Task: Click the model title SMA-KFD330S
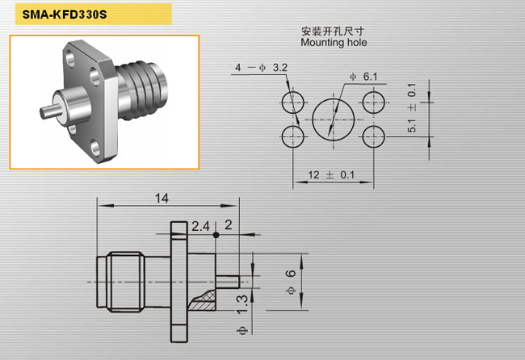coord(65,15)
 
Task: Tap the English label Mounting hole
coord(334,43)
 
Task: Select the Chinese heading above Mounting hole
coord(333,31)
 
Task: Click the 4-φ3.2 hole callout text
coord(261,68)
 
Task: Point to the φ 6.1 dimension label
coord(363,77)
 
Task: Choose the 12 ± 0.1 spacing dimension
coord(331,174)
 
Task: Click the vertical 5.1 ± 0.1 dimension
coord(412,107)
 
